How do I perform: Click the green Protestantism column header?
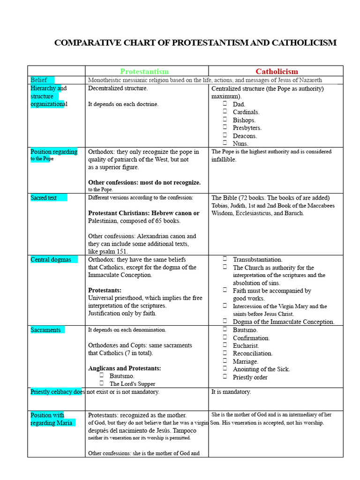point(144,71)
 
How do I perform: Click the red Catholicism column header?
point(277,71)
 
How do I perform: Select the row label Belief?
point(39,80)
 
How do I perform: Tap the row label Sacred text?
point(44,198)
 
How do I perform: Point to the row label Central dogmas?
point(51,260)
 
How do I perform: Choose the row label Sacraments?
point(45,330)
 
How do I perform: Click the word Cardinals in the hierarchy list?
point(246,112)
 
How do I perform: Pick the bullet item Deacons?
point(245,136)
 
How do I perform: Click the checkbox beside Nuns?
point(225,143)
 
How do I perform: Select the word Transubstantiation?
point(257,260)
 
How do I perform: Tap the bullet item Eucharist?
point(246,346)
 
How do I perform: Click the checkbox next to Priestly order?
point(225,376)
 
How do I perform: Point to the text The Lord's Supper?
point(132,384)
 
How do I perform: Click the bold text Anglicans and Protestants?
point(124,368)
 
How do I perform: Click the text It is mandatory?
point(231,392)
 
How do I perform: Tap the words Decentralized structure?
point(118,88)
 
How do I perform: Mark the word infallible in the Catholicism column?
point(224,159)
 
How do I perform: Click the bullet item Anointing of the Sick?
point(261,369)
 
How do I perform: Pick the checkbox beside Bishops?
point(225,120)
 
